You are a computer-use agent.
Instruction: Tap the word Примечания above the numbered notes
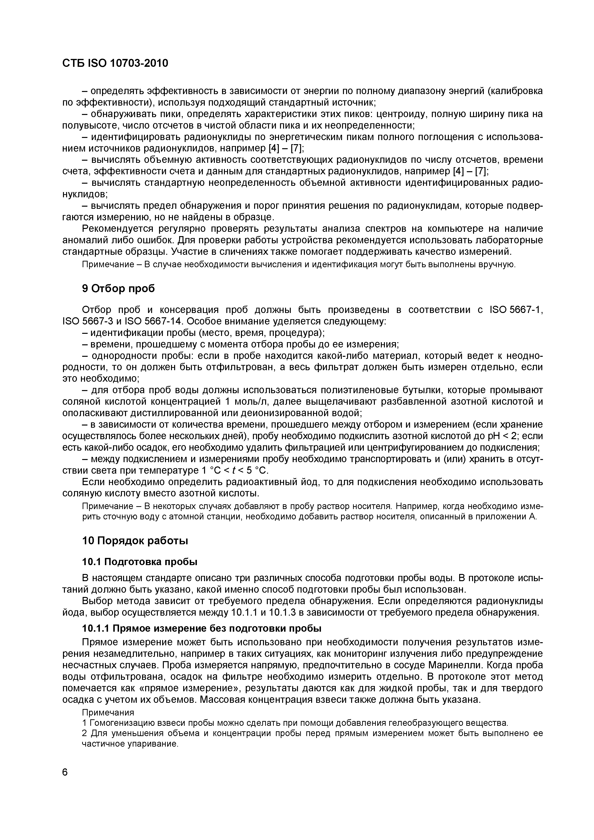(108, 713)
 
